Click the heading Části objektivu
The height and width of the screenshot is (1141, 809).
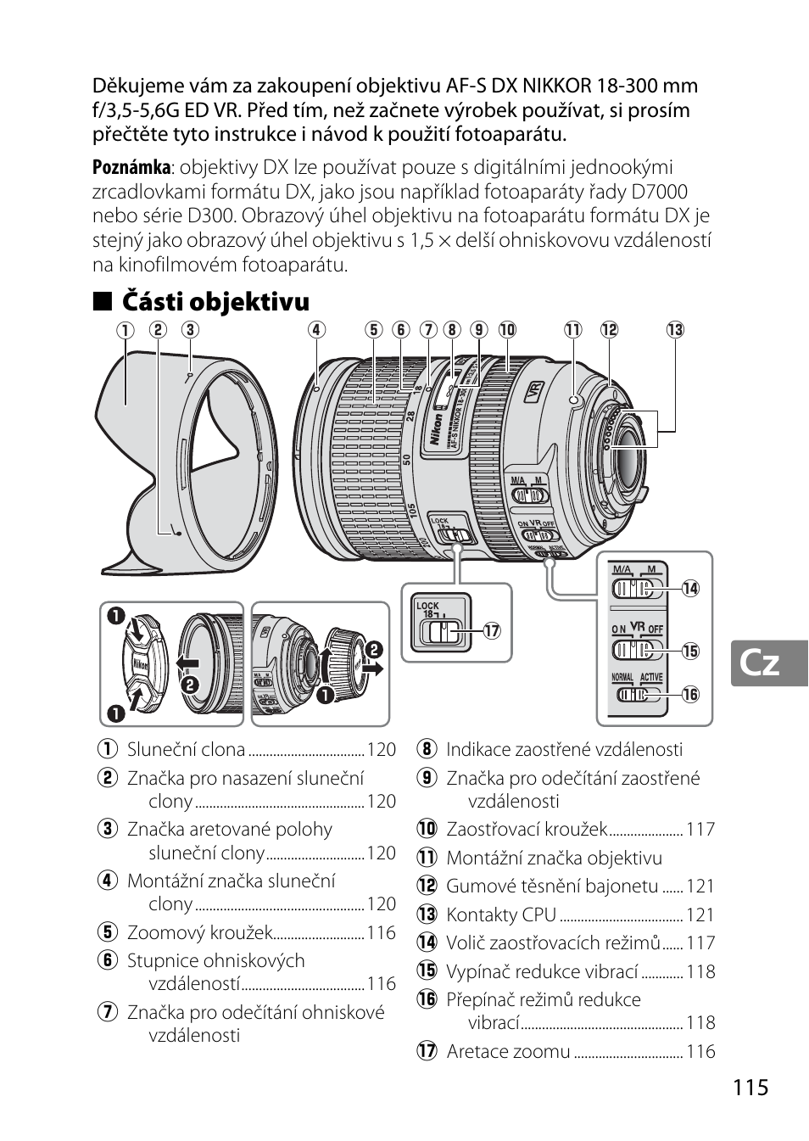pos(215,301)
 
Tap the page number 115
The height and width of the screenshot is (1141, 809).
pos(751,1087)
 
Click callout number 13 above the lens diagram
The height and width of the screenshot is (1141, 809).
pos(675,330)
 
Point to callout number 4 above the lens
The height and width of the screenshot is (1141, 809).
pos(316,330)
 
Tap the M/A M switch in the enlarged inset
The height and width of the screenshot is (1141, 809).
pos(633,588)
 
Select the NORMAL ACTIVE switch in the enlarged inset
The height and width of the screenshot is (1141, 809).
pos(633,694)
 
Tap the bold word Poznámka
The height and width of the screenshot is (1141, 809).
pos(131,167)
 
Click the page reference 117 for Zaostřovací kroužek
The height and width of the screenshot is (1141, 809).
pos(700,830)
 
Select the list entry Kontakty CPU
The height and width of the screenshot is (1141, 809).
pos(501,914)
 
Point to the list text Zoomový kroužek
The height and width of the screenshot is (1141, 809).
pos(199,933)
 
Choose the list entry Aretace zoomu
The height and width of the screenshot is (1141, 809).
pos(508,1052)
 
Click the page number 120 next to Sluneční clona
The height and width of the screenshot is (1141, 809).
pos(382,750)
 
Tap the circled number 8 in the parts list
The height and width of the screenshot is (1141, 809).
pos(426,750)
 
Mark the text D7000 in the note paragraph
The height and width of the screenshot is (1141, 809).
pos(654,192)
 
